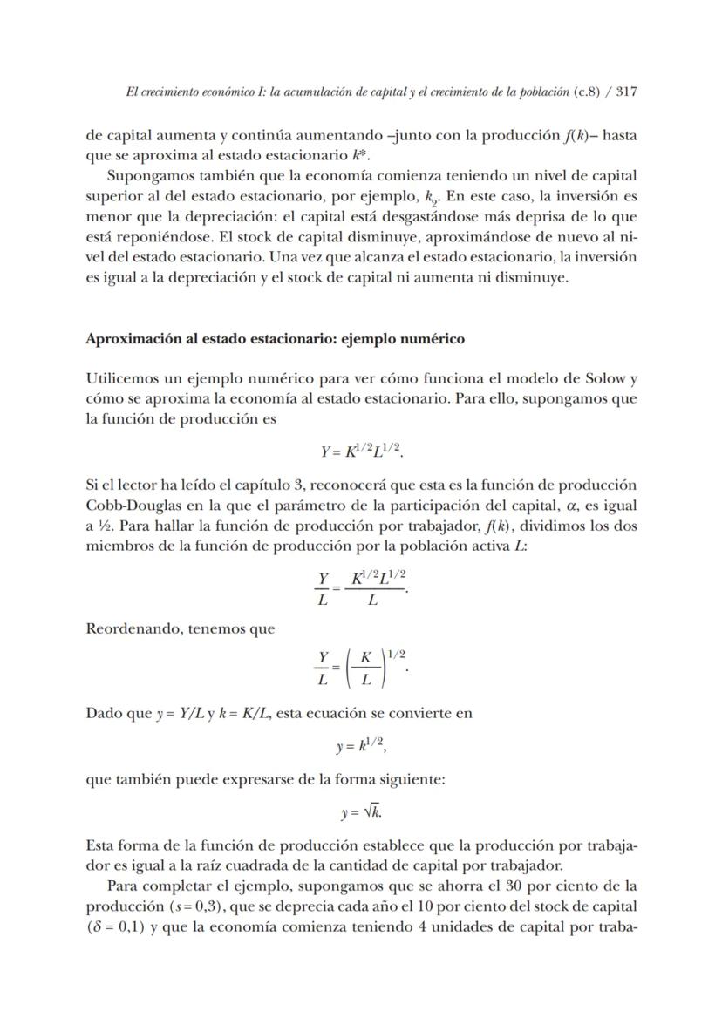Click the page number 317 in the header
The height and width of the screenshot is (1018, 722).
pos(623,92)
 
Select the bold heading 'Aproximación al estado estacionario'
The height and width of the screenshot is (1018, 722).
pos(275,339)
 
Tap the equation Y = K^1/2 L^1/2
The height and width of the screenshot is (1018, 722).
pos(362,451)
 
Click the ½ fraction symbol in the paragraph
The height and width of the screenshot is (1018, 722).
pos(103,526)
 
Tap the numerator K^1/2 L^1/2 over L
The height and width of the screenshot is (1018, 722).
pos(378,578)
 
